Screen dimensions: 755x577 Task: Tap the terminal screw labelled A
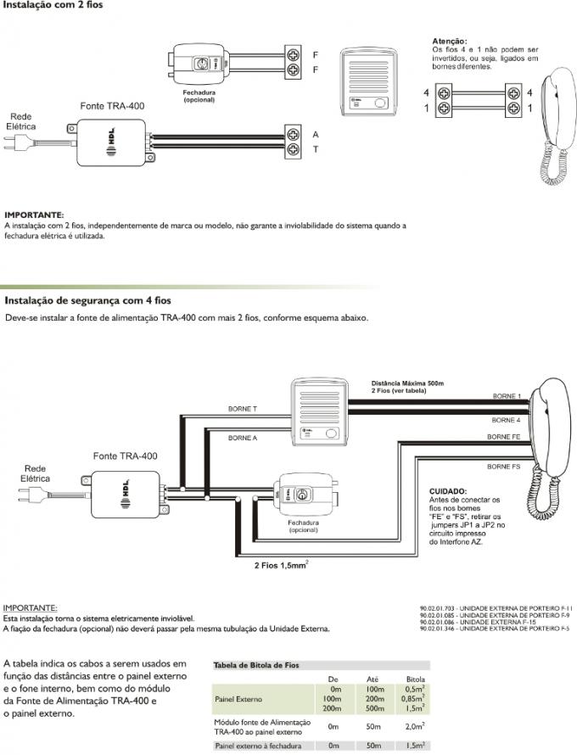click(294, 134)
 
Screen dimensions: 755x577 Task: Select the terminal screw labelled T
click(294, 149)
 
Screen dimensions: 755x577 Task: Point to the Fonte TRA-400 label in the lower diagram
click(125, 456)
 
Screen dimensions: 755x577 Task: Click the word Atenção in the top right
click(448, 40)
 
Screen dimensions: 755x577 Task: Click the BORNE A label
click(243, 438)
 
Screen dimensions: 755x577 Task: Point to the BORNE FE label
click(504, 437)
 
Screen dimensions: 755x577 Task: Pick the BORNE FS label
click(504, 467)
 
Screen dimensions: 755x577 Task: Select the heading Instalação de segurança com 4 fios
click(88, 300)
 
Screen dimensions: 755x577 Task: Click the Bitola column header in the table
click(415, 679)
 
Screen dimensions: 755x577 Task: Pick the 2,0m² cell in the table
click(415, 726)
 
